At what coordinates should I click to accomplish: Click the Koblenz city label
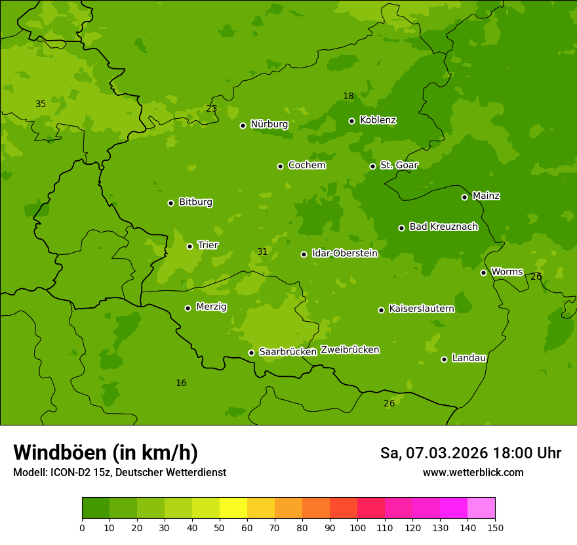point(378,120)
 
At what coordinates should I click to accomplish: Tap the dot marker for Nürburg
point(243,125)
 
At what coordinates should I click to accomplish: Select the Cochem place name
point(306,165)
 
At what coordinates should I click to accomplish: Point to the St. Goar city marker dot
point(372,166)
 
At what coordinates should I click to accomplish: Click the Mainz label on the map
point(486,196)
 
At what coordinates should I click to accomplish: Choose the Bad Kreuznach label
point(443,227)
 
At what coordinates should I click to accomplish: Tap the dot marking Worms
point(483,272)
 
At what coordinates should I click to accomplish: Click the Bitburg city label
point(195,202)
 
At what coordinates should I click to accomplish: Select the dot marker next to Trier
point(189,246)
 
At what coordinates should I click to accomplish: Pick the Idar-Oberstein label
point(344,253)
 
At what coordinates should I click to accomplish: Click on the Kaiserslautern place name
point(421,309)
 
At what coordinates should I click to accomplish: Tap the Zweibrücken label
point(349,350)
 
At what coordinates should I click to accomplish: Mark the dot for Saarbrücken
point(251,353)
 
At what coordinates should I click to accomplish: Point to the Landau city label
point(469,359)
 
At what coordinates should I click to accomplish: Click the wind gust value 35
point(41,104)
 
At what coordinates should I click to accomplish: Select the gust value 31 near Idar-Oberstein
point(262,252)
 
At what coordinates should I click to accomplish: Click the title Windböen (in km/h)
point(106,452)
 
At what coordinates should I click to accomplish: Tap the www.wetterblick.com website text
point(473,473)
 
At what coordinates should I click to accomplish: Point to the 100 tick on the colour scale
point(357,527)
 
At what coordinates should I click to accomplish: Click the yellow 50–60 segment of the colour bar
point(233,508)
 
